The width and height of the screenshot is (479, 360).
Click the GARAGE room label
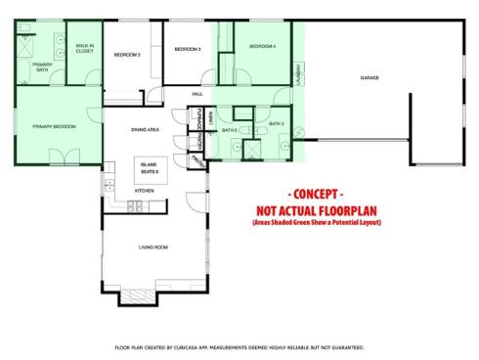click(370, 78)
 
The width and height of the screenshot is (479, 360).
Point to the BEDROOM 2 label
click(127, 55)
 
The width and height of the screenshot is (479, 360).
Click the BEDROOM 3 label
click(188, 49)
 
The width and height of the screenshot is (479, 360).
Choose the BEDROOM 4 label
click(262, 46)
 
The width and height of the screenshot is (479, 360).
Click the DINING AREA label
click(146, 129)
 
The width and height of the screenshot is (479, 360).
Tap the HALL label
click(197, 93)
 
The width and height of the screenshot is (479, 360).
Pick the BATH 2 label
click(230, 130)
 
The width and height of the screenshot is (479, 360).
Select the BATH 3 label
click(275, 124)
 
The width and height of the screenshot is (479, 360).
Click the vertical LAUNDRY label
click(296, 74)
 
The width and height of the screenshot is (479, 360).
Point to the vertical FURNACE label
click(199, 117)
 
